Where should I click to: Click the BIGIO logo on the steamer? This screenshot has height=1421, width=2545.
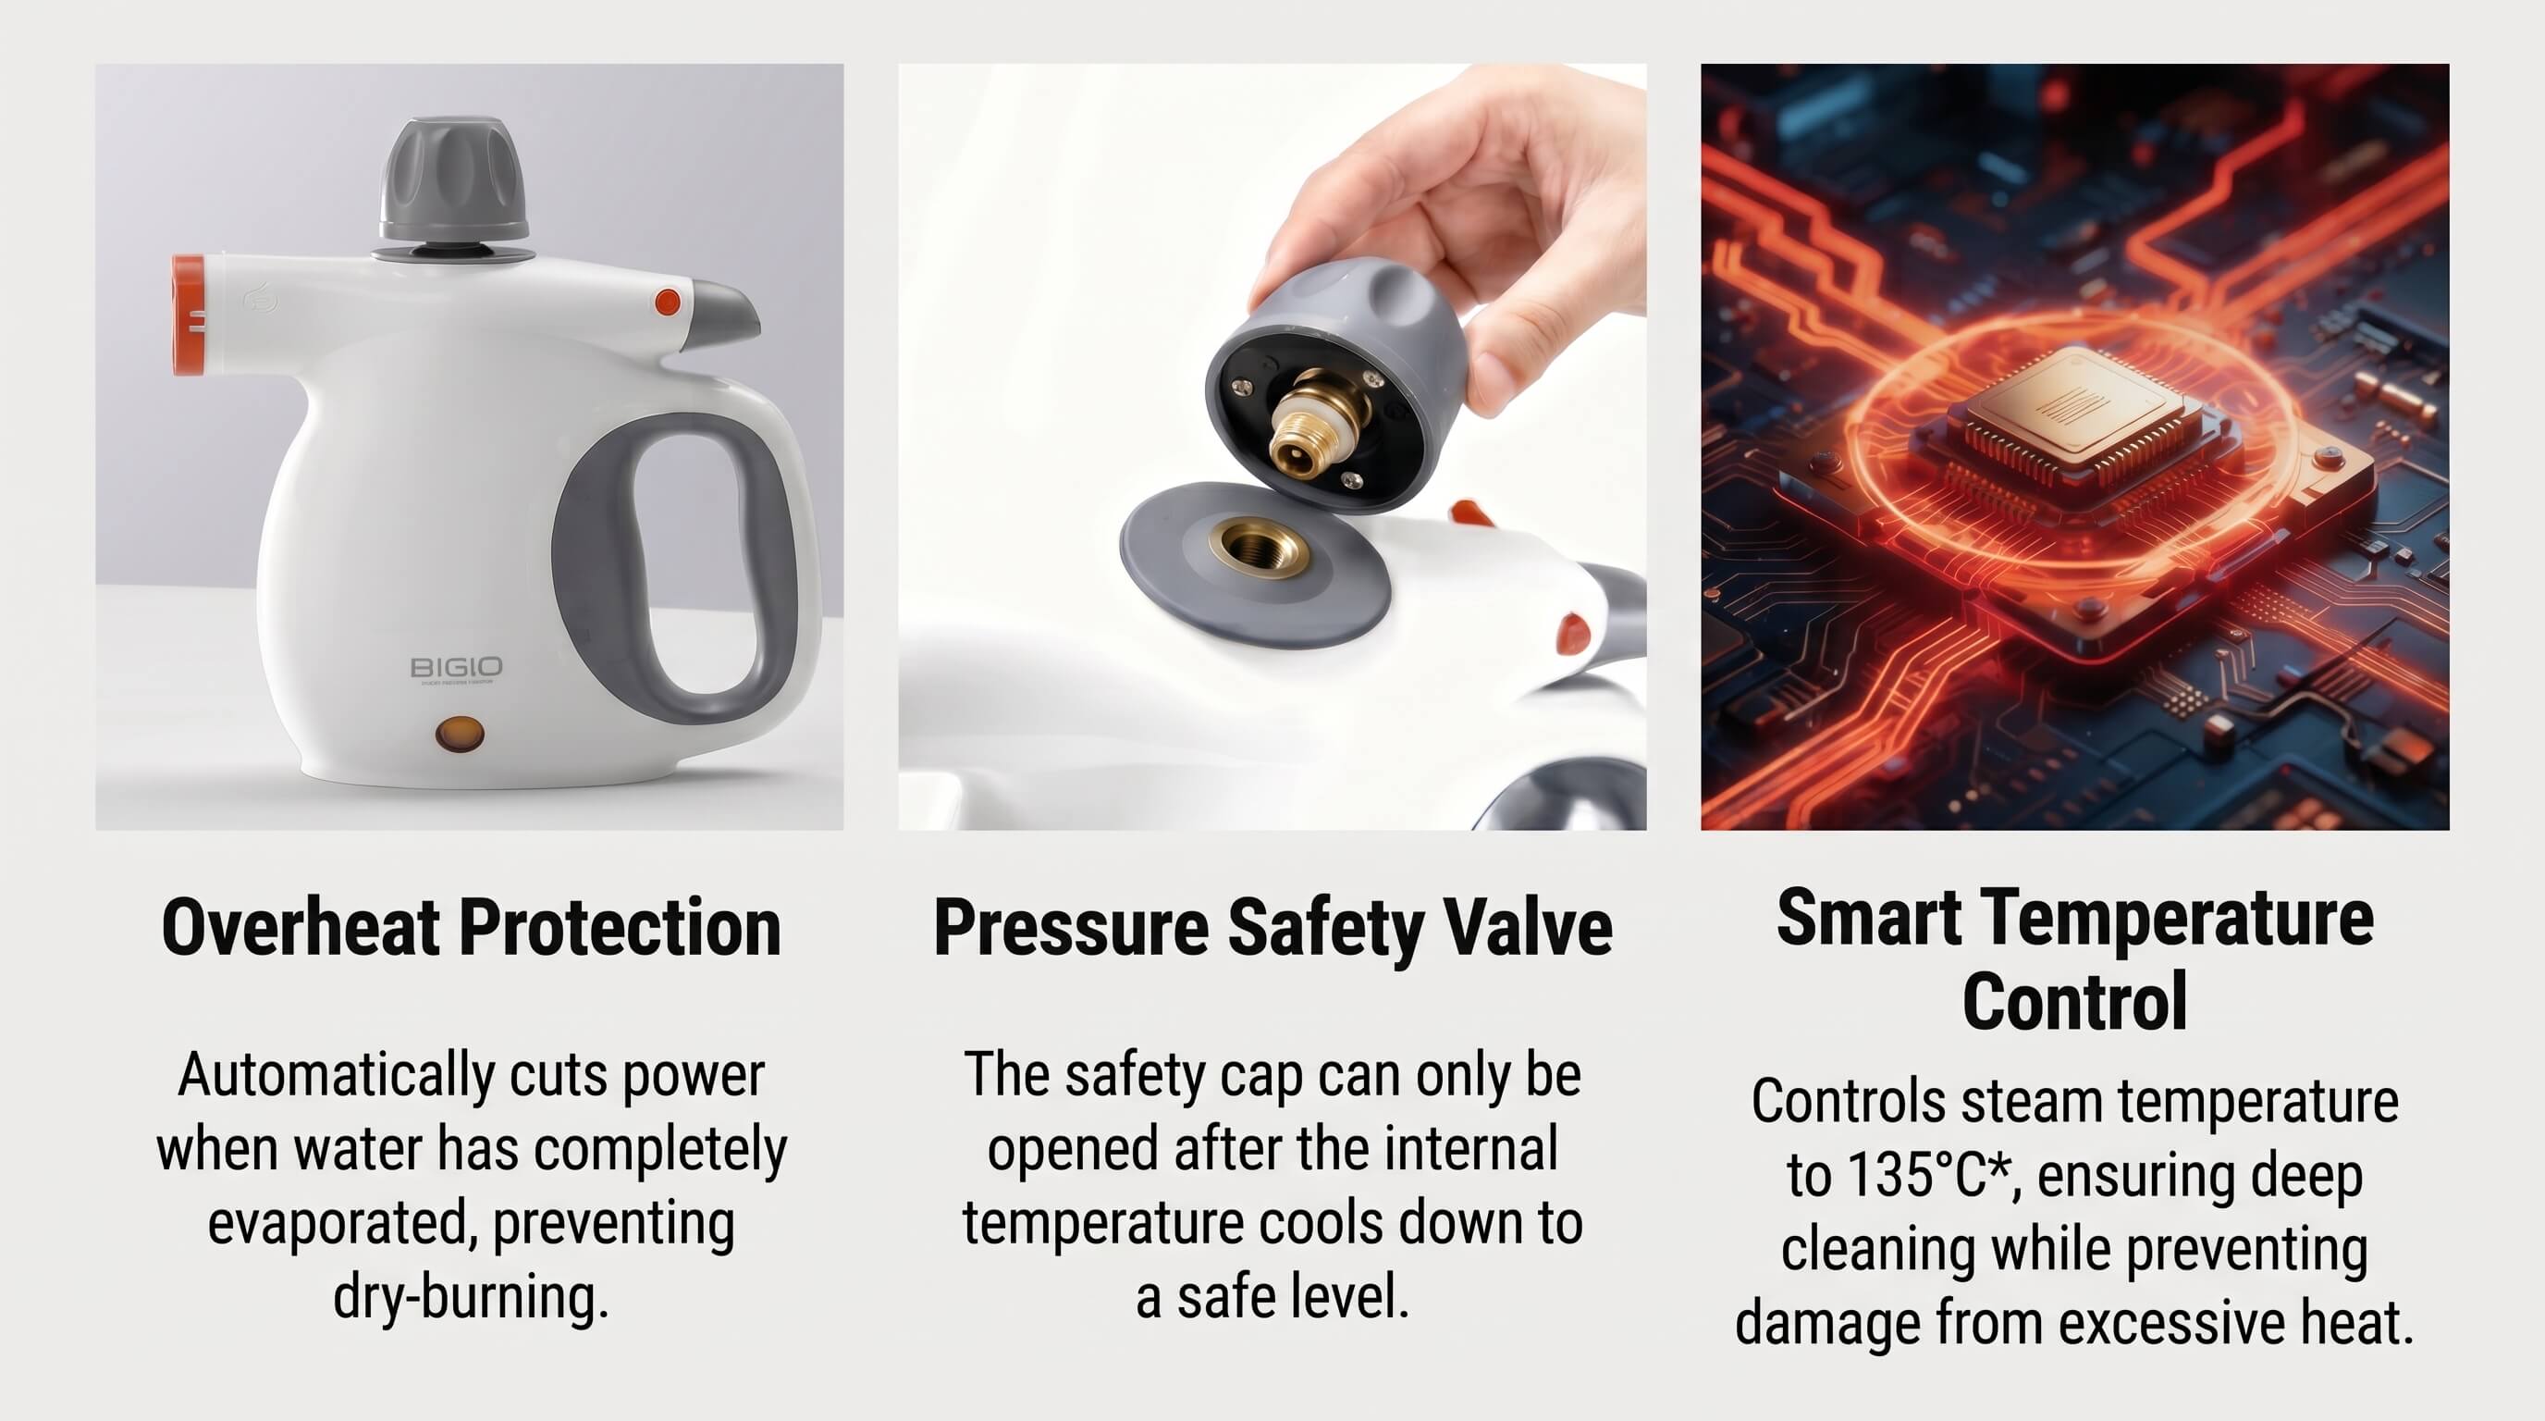coord(455,667)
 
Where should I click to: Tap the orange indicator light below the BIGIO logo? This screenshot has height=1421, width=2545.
coord(461,735)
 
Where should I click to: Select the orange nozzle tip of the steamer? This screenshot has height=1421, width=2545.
coord(189,316)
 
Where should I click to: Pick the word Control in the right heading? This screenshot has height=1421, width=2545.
coord(2074,1001)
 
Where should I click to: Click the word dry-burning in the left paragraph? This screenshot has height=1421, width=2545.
coord(471,1296)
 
